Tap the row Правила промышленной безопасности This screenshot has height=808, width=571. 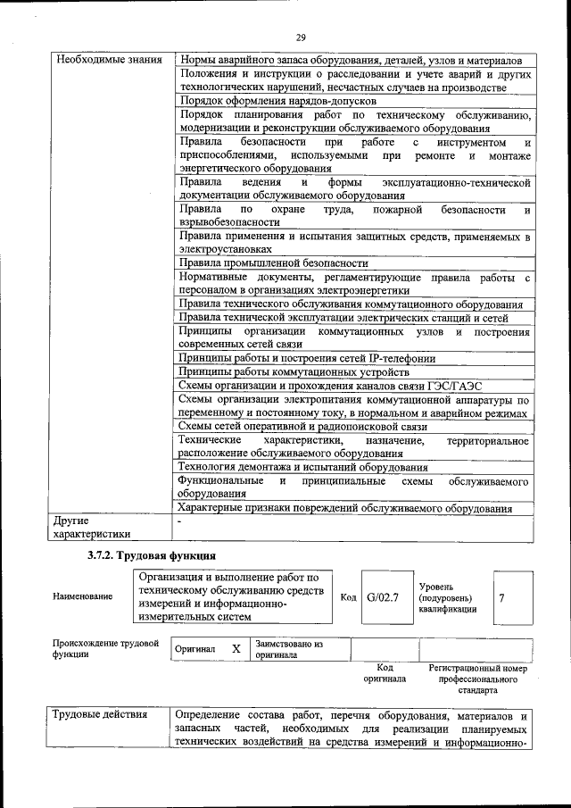(x=274, y=263)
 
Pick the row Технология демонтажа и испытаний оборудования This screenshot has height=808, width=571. (x=302, y=467)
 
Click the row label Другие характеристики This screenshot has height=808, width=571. (x=92, y=527)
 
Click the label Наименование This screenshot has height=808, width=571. (x=83, y=596)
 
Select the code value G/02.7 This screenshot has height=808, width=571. (x=382, y=596)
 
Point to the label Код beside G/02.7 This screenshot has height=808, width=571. (x=348, y=596)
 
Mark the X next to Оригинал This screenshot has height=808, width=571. (x=236, y=649)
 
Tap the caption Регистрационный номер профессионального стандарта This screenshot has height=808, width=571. (x=477, y=679)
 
